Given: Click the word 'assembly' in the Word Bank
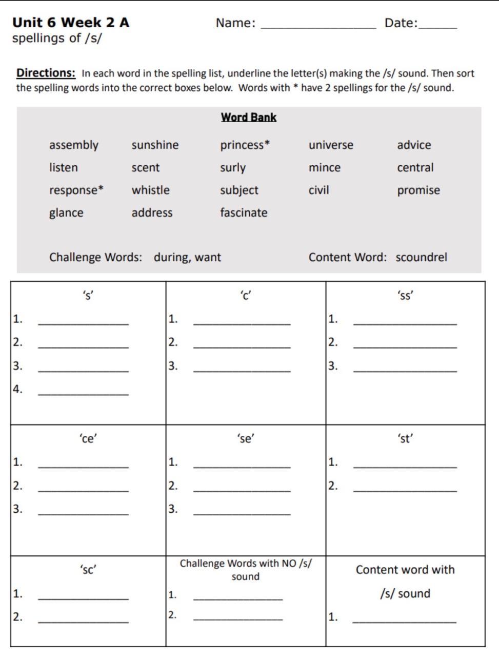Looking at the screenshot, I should (73, 145).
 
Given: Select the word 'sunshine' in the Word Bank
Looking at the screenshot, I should (155, 145).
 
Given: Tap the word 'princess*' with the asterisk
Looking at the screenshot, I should (245, 145).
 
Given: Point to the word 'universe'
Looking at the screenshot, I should (331, 145).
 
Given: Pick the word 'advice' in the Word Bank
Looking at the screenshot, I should (414, 145).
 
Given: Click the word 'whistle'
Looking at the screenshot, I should (150, 190).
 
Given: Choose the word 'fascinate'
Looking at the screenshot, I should (244, 213).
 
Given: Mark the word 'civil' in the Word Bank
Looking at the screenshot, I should (318, 190).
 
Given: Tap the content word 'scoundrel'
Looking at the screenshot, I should (421, 257).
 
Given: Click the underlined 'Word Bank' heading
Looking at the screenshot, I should (249, 118).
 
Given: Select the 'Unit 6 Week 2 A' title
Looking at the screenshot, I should (71, 23).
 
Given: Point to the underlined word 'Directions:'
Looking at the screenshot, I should (46, 73).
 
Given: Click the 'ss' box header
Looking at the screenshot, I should (405, 296).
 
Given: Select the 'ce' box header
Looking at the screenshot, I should (88, 439).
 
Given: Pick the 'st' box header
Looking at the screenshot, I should (405, 439).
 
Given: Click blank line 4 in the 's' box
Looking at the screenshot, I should (83, 393).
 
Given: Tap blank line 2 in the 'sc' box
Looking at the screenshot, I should (83, 621).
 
